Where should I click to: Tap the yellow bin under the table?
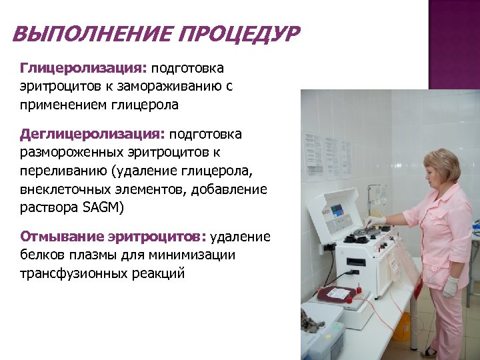(402, 326)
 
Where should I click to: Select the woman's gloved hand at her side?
(451, 286)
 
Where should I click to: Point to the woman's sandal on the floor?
(429, 351)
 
